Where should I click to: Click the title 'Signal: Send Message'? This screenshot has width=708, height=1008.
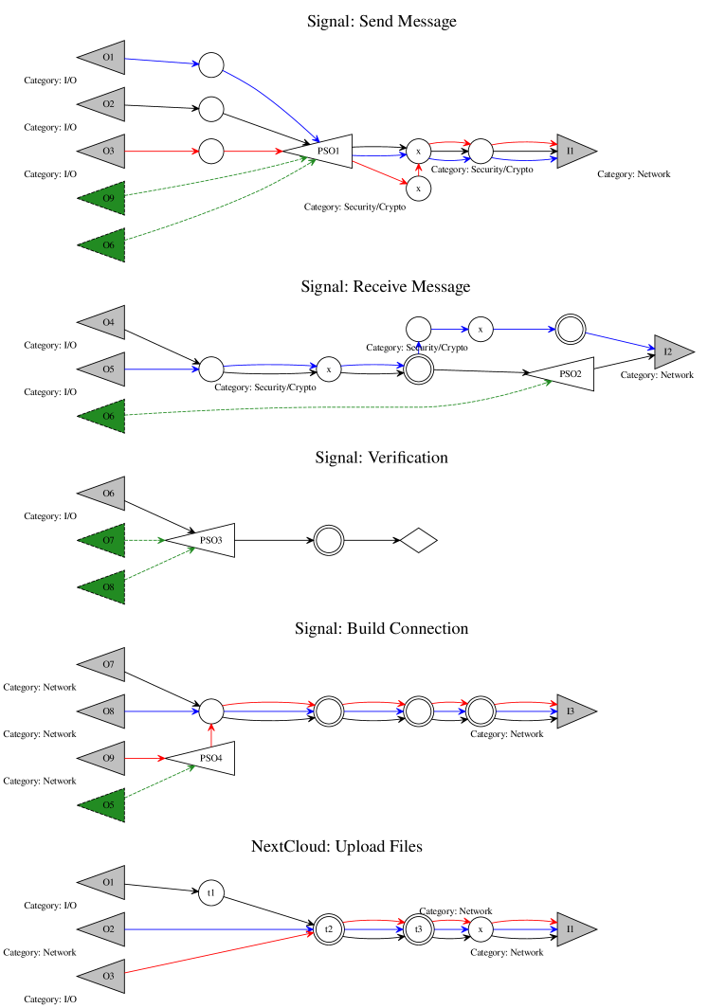[381, 22]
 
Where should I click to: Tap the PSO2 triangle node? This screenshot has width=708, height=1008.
[567, 373]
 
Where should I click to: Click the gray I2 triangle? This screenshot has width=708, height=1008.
[671, 351]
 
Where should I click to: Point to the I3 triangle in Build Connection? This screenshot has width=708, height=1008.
[574, 711]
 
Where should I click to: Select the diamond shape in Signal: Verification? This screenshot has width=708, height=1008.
[418, 541]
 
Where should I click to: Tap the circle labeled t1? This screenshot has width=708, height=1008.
[211, 892]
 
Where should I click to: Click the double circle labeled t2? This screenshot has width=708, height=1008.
[328, 928]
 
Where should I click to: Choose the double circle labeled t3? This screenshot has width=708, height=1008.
[418, 928]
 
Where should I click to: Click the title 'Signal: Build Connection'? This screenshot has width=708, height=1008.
[381, 628]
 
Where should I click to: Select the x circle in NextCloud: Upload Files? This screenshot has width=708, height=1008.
[481, 928]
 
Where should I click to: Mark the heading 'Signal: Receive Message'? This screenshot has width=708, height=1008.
[385, 286]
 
